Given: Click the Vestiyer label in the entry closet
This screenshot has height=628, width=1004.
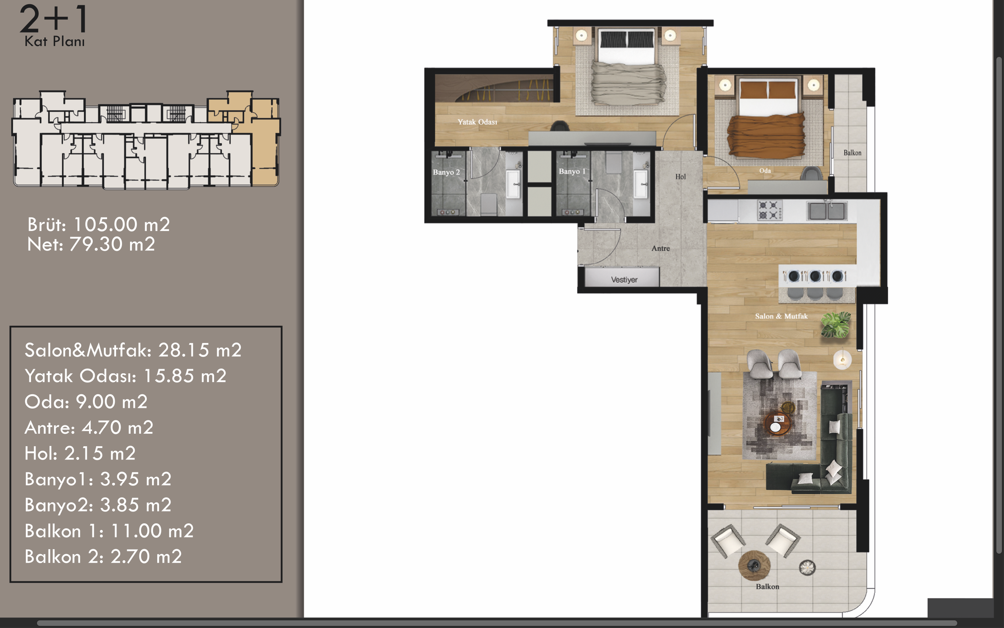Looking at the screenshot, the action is coord(624,279).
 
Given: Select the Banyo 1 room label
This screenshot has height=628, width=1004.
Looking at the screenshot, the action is coord(572,171).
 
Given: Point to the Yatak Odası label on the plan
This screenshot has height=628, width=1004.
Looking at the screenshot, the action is coord(477,122).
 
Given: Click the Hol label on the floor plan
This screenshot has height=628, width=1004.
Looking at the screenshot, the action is coord(680,177).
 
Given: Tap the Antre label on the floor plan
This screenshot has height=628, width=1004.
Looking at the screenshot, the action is coord(661,248).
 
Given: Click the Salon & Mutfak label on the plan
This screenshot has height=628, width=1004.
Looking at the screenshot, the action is coord(781,316).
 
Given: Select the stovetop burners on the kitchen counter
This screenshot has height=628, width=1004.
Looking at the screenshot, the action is coord(770,210).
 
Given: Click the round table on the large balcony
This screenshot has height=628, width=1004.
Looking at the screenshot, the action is coord(754,565).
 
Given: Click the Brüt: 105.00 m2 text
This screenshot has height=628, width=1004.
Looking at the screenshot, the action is coord(99,225).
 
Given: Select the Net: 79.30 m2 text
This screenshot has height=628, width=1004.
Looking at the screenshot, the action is coord(91,244).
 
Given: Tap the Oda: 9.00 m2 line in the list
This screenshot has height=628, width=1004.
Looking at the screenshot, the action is coord(86,402).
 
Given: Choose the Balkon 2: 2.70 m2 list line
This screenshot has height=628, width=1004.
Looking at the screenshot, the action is coord(103,556).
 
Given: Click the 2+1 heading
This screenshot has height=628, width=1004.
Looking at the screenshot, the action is coord(54,19).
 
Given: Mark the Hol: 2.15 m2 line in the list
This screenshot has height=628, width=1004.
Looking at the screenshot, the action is coord(80,453).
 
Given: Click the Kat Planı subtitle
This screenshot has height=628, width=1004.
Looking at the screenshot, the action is coord(54,42).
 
